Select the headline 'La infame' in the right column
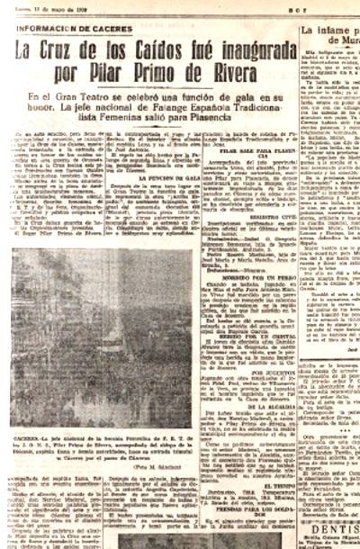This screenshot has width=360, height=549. point(329,32)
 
